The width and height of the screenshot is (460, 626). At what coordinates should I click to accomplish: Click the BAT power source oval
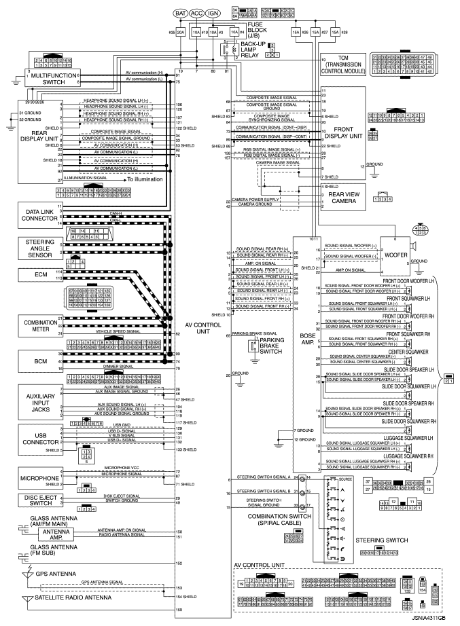click(x=180, y=12)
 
